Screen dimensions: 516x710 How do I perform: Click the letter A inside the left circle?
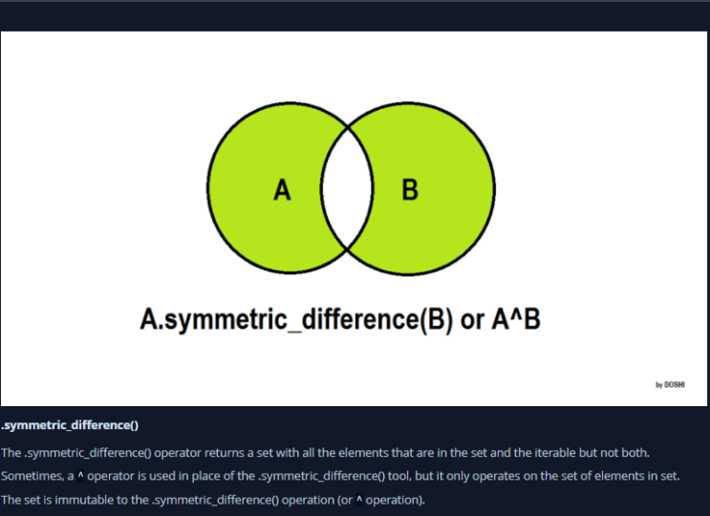pyautogui.click(x=282, y=190)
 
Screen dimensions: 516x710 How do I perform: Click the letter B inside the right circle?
pyautogui.click(x=410, y=190)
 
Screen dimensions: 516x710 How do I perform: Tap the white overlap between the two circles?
pyautogui.click(x=346, y=190)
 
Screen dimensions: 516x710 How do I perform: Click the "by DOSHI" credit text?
pyautogui.click(x=670, y=384)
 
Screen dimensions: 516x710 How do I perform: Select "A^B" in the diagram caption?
pyautogui.click(x=516, y=319)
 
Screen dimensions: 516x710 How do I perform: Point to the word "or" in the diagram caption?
pyautogui.click(x=472, y=319)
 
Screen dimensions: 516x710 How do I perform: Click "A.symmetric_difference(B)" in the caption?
pyautogui.click(x=297, y=319)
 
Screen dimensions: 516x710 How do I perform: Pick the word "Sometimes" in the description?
pyautogui.click(x=31, y=475)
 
